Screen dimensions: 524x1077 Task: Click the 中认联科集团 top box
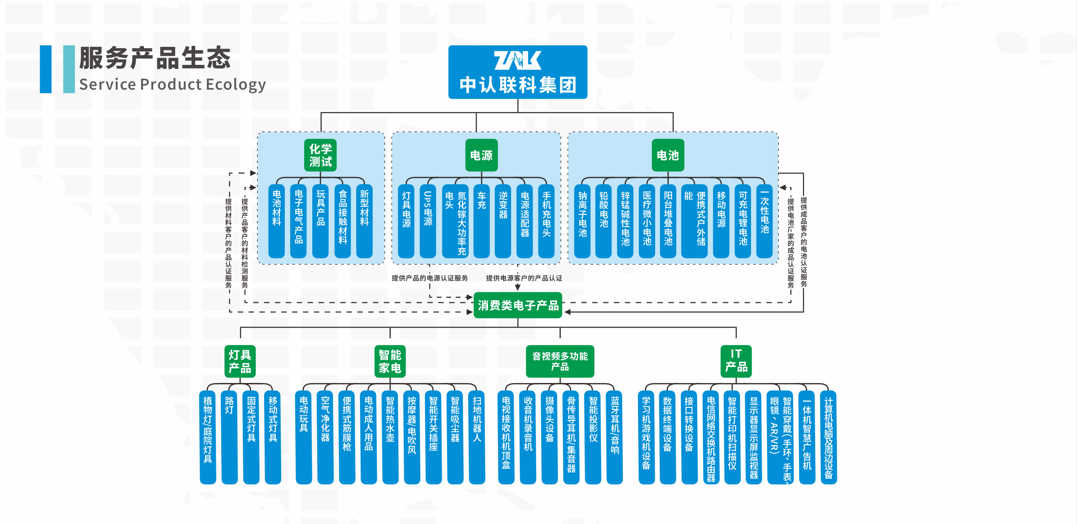[517, 72]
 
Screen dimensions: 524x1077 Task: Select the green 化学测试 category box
[320, 155]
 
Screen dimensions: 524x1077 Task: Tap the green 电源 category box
[481, 155]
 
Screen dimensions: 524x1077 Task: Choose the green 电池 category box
[667, 155]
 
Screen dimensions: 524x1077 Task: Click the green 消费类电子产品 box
[518, 305]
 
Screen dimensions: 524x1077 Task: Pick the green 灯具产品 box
[240, 361]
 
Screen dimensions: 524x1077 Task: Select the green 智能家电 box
[390, 361]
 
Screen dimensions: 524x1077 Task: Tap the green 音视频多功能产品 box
[560, 361]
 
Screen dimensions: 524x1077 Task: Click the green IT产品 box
[736, 361]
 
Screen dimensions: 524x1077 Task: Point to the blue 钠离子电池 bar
[582, 221]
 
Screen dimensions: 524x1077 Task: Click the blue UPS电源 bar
[428, 221]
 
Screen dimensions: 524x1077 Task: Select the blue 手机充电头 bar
[546, 221]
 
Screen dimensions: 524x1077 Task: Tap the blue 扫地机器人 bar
[477, 437]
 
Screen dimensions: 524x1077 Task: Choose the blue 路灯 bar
[229, 437]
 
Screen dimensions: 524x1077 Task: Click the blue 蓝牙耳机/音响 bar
[615, 437]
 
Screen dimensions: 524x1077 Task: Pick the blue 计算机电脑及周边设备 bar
[828, 437]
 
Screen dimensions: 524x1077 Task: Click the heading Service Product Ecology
[172, 85]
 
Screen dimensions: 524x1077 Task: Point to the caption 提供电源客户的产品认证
[524, 278]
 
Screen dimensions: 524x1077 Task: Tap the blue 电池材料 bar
[277, 221]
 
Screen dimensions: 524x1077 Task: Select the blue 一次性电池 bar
[764, 221]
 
